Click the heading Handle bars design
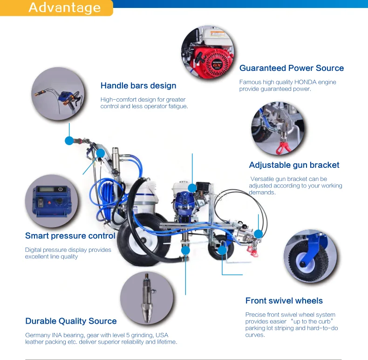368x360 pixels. pos(138,85)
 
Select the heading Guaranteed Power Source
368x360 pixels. pos(291,68)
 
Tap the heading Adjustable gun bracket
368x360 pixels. pos(294,165)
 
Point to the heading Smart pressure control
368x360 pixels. pos(70,236)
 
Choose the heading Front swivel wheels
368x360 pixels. pos(284,301)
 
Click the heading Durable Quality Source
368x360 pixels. pos(71,321)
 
